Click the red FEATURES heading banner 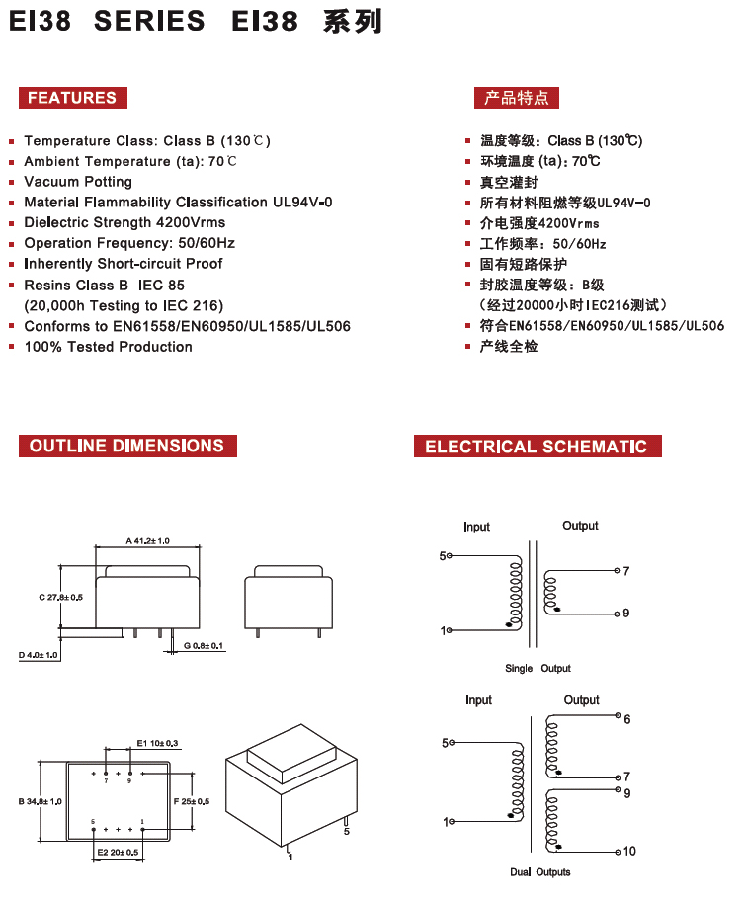73,98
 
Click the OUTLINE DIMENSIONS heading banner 127,446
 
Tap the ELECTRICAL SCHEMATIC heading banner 538,446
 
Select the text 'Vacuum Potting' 78,182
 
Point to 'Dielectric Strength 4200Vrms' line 124,222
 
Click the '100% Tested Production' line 108,347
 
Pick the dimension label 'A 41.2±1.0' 147,540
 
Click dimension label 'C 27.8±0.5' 61,597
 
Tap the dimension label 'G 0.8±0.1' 204,646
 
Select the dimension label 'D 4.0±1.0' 39,655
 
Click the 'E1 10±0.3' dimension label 157,743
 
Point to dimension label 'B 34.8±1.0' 41,801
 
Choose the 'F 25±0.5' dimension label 192,801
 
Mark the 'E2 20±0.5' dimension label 118,853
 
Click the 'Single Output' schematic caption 538,668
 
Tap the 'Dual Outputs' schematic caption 540,872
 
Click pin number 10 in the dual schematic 629,852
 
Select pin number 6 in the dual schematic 627,720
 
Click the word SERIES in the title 149,21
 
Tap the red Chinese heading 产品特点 517,98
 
